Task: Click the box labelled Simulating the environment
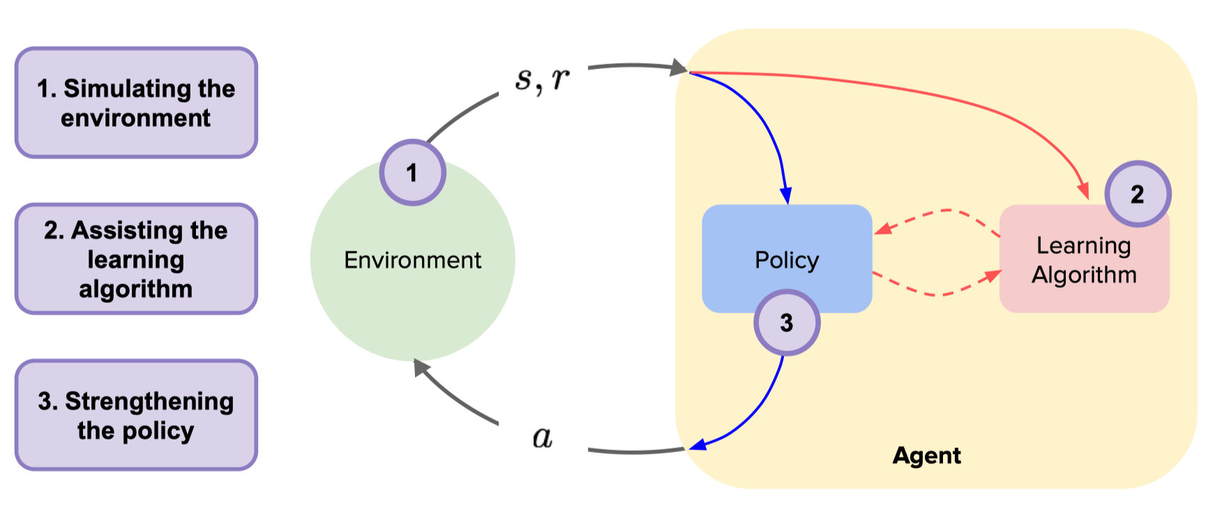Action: [136, 103]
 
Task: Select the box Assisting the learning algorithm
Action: [136, 259]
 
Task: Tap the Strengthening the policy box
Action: [136, 415]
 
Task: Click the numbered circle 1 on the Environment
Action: [412, 172]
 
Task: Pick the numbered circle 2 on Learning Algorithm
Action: [1138, 194]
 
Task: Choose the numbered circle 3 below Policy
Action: [787, 322]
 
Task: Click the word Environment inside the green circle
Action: [412, 260]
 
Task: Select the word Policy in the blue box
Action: [787, 260]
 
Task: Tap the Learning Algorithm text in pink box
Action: [1084, 260]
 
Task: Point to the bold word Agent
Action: [926, 456]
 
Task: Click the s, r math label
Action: [543, 79]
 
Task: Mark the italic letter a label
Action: [543, 438]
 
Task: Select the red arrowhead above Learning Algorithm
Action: [1082, 190]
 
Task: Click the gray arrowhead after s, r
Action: [678, 68]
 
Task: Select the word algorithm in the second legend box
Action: [136, 289]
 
